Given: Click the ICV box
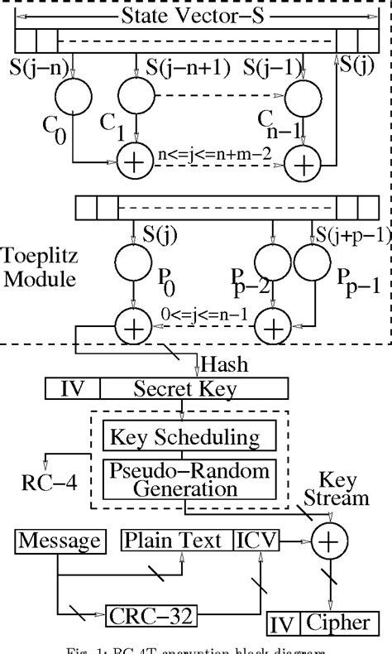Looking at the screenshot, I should click(x=257, y=541).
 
